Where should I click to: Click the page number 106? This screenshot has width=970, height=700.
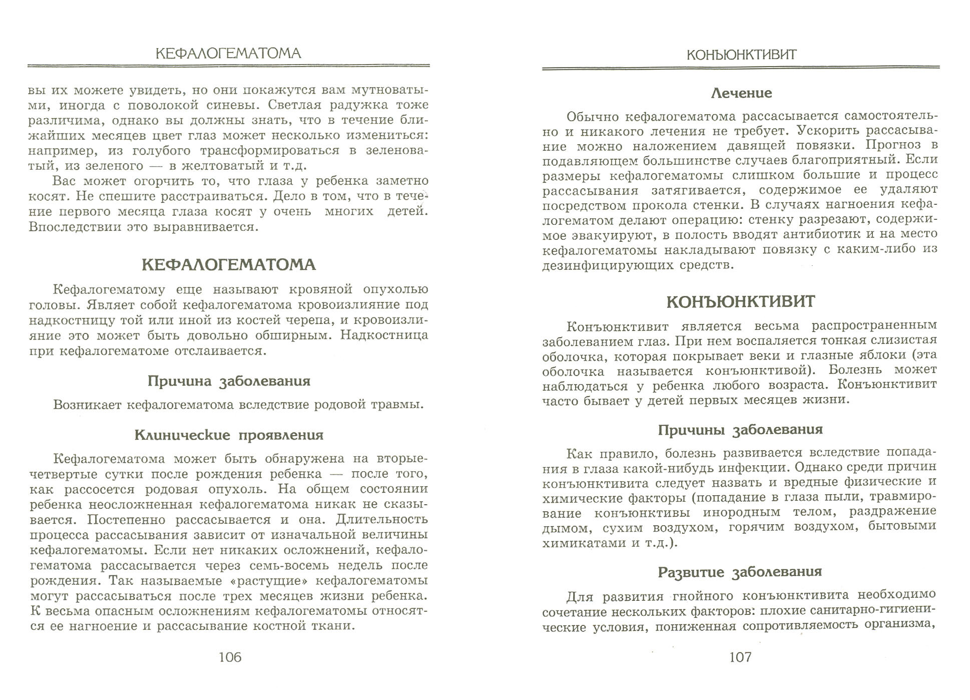click(x=230, y=657)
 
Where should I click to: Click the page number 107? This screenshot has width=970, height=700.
click(x=741, y=657)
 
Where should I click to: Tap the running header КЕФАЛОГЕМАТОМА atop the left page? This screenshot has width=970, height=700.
click(x=228, y=53)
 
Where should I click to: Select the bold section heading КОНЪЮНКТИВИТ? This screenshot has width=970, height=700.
click(x=741, y=302)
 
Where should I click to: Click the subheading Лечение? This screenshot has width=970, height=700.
click(x=741, y=93)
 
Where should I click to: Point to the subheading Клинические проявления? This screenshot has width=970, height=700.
click(x=229, y=435)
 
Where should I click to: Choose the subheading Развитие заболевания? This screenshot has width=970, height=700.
click(x=740, y=572)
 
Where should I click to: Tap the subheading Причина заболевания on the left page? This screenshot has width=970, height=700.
click(x=229, y=381)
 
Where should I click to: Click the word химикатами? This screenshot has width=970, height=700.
click(x=581, y=543)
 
